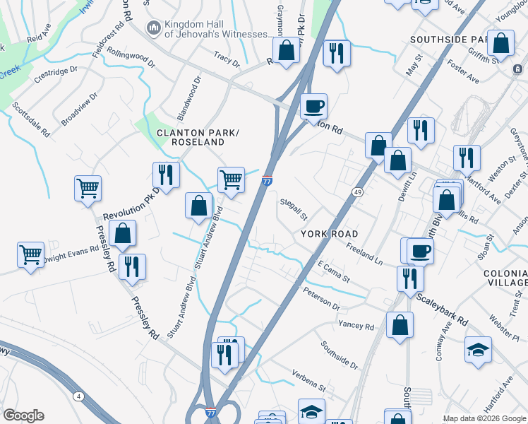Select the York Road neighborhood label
coord(329,234)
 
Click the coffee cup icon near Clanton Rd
coord(313,107)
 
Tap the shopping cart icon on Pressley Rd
coord(88,189)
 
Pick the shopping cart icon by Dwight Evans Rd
coord(31,254)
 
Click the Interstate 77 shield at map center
coord(267,181)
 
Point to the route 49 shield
coord(358,192)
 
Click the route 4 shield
coord(78,396)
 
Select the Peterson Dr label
coord(322,299)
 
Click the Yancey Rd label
coord(356,326)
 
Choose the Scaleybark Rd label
coord(441,310)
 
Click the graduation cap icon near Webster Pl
coord(478,349)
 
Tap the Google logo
coord(23,416)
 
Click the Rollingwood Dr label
coord(131,57)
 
